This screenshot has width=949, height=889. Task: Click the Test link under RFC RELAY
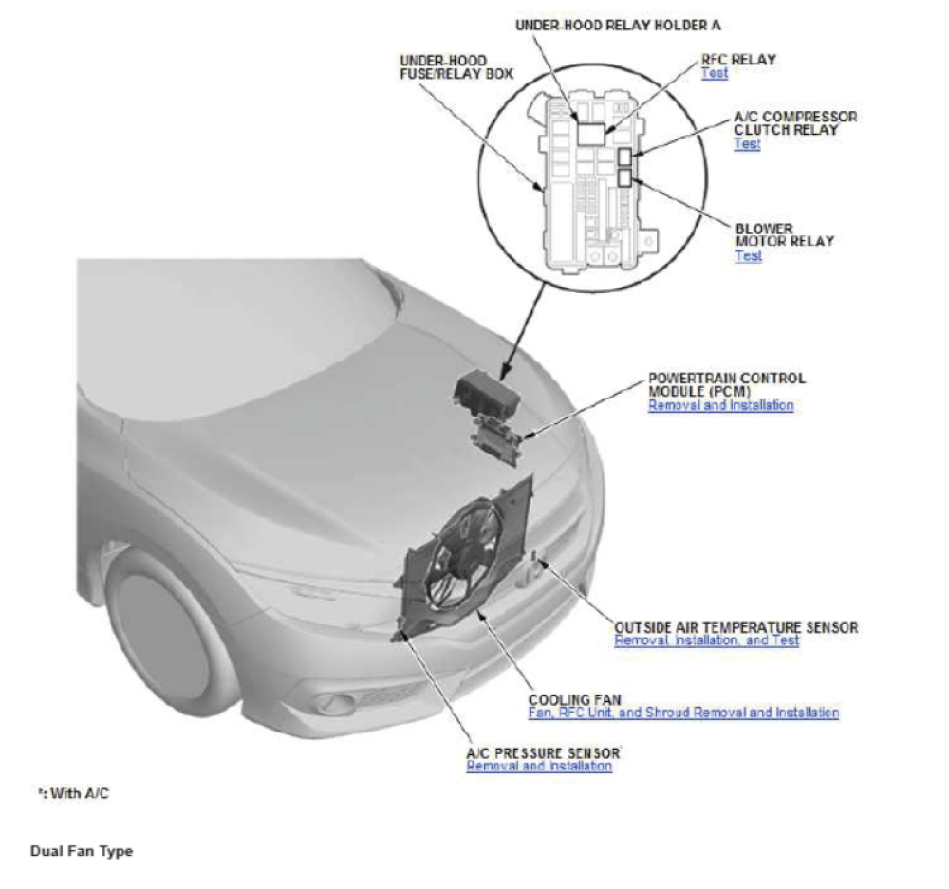click(x=714, y=73)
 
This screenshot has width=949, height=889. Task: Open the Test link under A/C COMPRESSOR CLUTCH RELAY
click(x=747, y=144)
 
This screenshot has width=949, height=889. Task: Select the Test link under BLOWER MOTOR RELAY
click(x=748, y=255)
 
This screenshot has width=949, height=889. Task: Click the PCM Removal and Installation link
click(x=720, y=405)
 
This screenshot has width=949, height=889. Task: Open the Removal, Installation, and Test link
click(x=706, y=640)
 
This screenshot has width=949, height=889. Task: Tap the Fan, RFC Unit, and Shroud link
click(x=683, y=713)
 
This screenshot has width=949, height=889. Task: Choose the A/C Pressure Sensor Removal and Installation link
click(x=538, y=766)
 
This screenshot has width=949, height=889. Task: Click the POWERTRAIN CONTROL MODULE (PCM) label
click(x=727, y=384)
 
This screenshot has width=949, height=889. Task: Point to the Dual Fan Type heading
click(x=82, y=851)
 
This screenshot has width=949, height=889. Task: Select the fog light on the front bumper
click(x=333, y=704)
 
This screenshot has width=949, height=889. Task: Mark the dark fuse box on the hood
click(x=485, y=392)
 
